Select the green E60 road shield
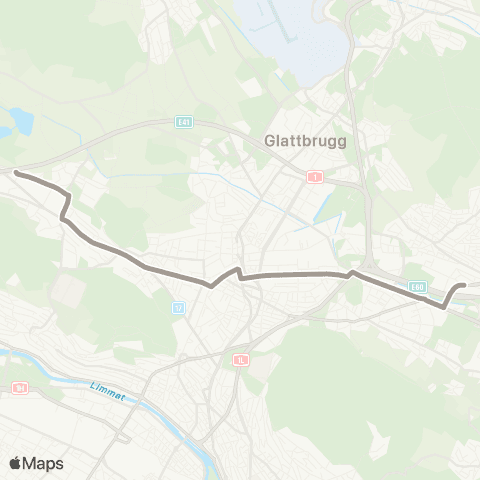point(417,286)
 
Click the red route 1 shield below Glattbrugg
point(316,176)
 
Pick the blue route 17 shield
point(179,307)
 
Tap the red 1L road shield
point(239,360)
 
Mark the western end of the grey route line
point(16,173)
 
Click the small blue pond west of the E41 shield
point(22,123)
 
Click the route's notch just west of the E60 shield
point(350,272)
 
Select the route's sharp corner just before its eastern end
point(444,307)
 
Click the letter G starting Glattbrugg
point(269,141)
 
